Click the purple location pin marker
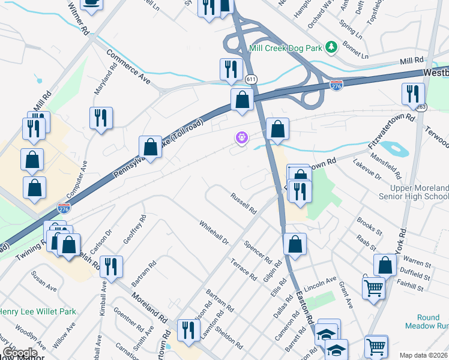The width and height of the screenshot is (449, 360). (x=241, y=138)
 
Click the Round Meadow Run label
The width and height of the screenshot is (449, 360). (x=429, y=322)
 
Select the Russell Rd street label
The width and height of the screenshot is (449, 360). (x=244, y=203)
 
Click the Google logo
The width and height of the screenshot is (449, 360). (x=19, y=352)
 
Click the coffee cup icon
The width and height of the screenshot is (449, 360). (x=91, y=3)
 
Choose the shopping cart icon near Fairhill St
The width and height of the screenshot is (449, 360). (x=373, y=287)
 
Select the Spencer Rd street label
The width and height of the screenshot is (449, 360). (x=258, y=250)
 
